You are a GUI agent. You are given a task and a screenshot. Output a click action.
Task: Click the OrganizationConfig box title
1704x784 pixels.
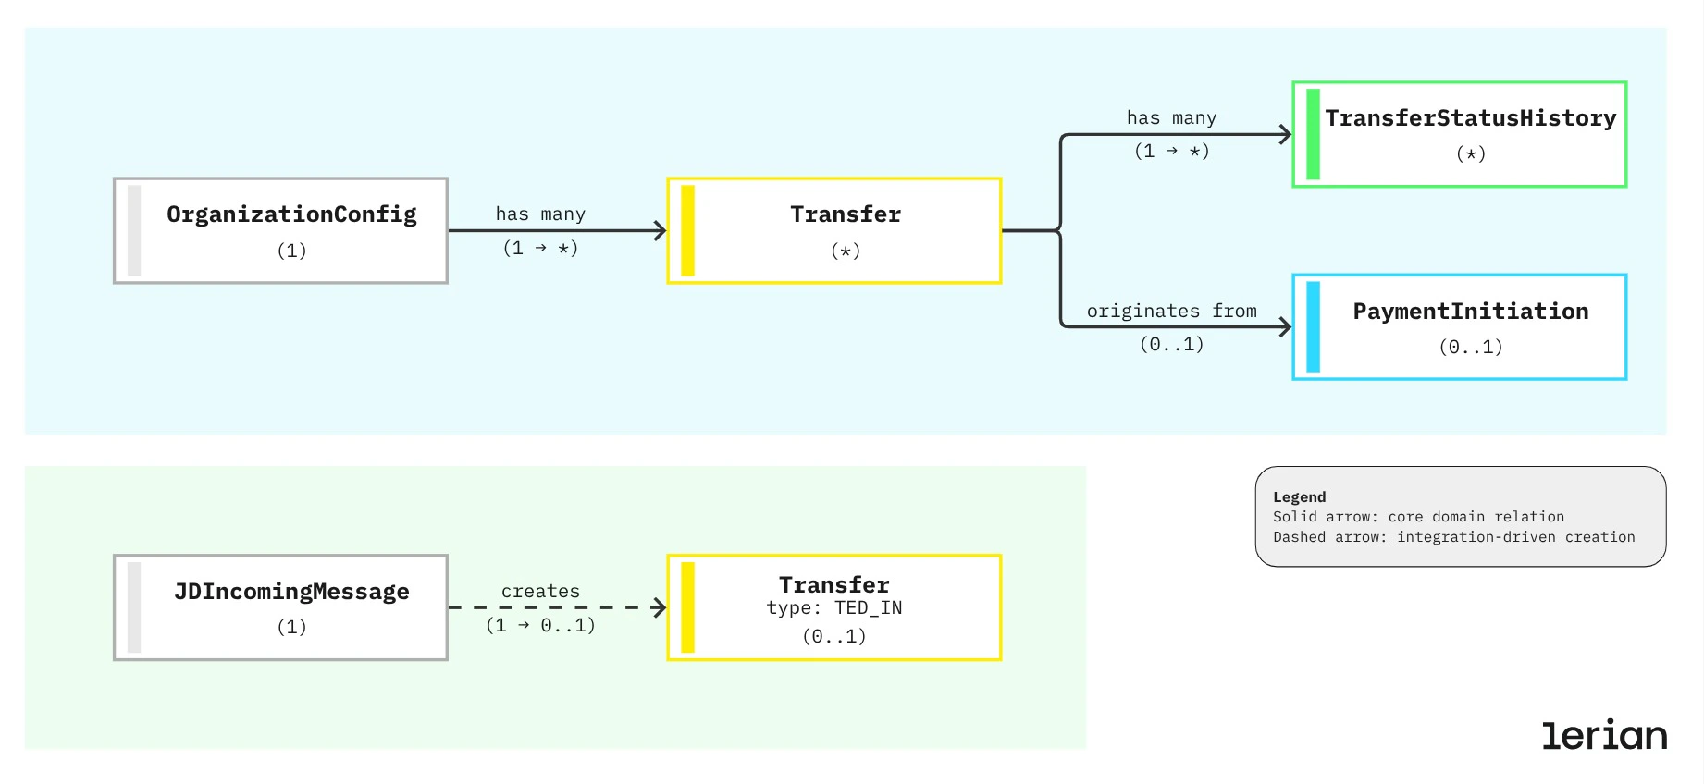pos(291,214)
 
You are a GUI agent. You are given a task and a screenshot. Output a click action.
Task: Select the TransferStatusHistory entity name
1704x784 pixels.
pos(1470,118)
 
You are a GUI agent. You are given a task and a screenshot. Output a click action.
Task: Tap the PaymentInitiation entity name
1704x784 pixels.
pos(1470,312)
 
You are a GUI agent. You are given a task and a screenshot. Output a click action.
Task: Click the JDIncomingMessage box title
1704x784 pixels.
pos(291,592)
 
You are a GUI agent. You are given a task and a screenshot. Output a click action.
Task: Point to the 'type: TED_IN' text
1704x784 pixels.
pos(833,608)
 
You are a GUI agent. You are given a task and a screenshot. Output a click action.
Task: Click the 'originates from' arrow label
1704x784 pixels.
pos(1171,312)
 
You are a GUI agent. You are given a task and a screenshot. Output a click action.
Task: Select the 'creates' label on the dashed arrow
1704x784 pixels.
pos(540,592)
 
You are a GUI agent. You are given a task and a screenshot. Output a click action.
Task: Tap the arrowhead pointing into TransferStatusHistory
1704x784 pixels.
pos(1286,135)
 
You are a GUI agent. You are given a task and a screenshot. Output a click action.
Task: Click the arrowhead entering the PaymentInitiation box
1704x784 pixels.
pos(1286,327)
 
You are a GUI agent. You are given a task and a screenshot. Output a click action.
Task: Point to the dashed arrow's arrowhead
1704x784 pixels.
pos(660,607)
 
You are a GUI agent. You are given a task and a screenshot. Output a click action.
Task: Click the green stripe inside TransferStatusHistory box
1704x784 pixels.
pos(1313,135)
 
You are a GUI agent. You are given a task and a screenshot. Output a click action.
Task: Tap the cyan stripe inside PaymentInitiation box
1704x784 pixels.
pos(1313,327)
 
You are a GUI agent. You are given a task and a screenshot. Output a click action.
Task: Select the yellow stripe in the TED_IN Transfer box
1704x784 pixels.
pos(687,607)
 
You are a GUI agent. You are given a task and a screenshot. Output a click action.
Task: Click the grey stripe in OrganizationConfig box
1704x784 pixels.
pos(134,231)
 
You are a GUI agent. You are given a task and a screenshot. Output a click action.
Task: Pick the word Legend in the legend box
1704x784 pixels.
pos(1299,497)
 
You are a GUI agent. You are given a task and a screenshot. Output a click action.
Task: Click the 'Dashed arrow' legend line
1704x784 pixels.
pos(1453,537)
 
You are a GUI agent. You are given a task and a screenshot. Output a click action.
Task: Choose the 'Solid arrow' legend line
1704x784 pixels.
pos(1417,517)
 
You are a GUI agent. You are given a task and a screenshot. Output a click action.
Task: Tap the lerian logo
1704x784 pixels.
pos(1603,735)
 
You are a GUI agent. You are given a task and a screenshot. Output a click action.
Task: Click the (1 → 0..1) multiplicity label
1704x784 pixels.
pos(540,626)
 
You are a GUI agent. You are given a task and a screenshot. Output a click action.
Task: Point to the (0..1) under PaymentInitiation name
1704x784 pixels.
pos(1470,348)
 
